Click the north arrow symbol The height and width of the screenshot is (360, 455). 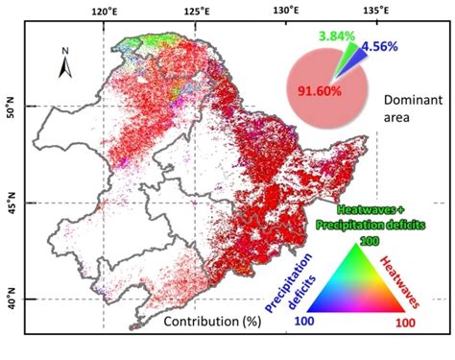(61, 64)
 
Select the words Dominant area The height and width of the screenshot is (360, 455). (411, 109)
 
